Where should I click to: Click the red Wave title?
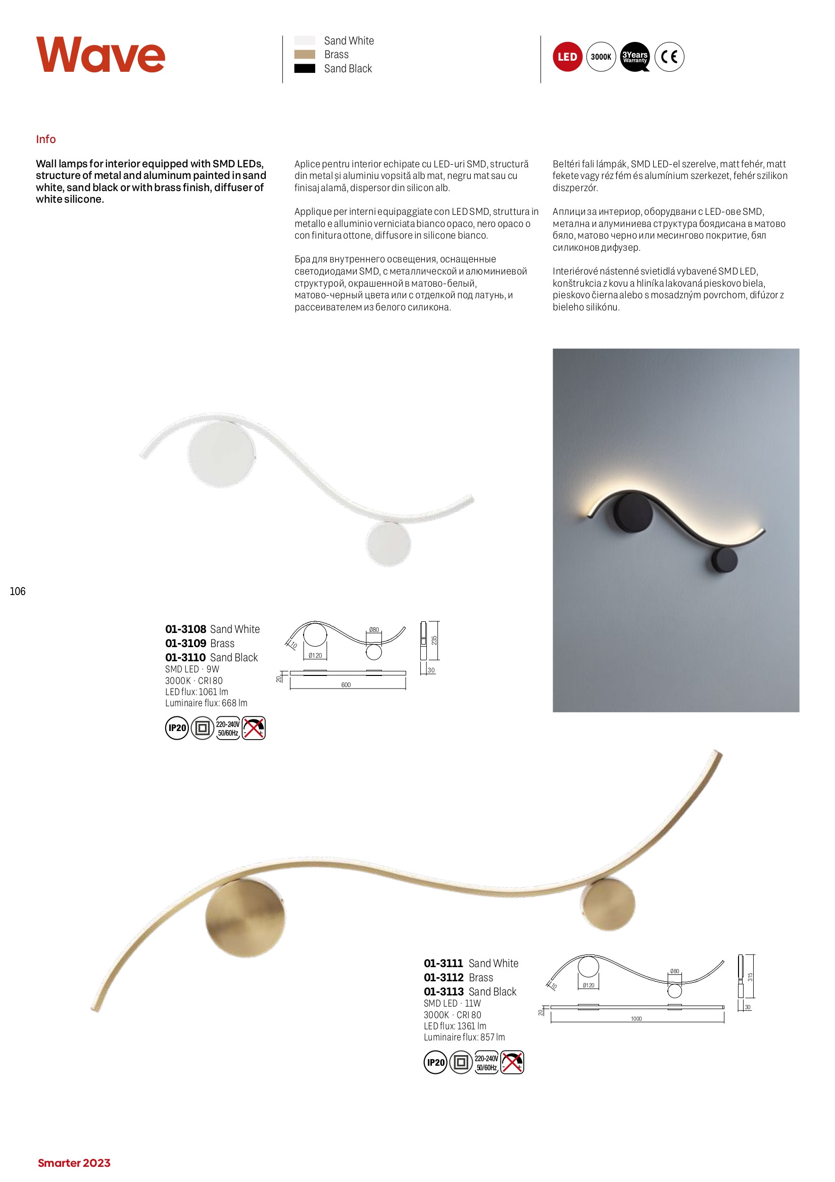[x=101, y=55]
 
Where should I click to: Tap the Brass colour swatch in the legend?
[x=305, y=55]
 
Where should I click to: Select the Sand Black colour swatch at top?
[x=305, y=68]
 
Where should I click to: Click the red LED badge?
[x=567, y=57]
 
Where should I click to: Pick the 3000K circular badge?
[x=601, y=57]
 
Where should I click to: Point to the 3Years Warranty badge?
[x=635, y=57]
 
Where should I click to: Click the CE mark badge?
[x=669, y=57]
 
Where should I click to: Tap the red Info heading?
[x=46, y=139]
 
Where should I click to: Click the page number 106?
[x=18, y=591]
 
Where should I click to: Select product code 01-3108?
[x=186, y=629]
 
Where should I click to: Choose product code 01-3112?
[x=444, y=977]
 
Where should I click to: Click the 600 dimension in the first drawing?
[x=346, y=685]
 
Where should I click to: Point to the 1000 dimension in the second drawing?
[x=636, y=1018]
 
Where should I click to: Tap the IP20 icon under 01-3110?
[x=177, y=728]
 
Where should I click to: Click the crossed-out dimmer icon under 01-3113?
[x=512, y=1062]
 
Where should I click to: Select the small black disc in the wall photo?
[x=724, y=561]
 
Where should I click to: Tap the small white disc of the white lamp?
[x=388, y=544]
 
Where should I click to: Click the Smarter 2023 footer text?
[x=74, y=1163]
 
